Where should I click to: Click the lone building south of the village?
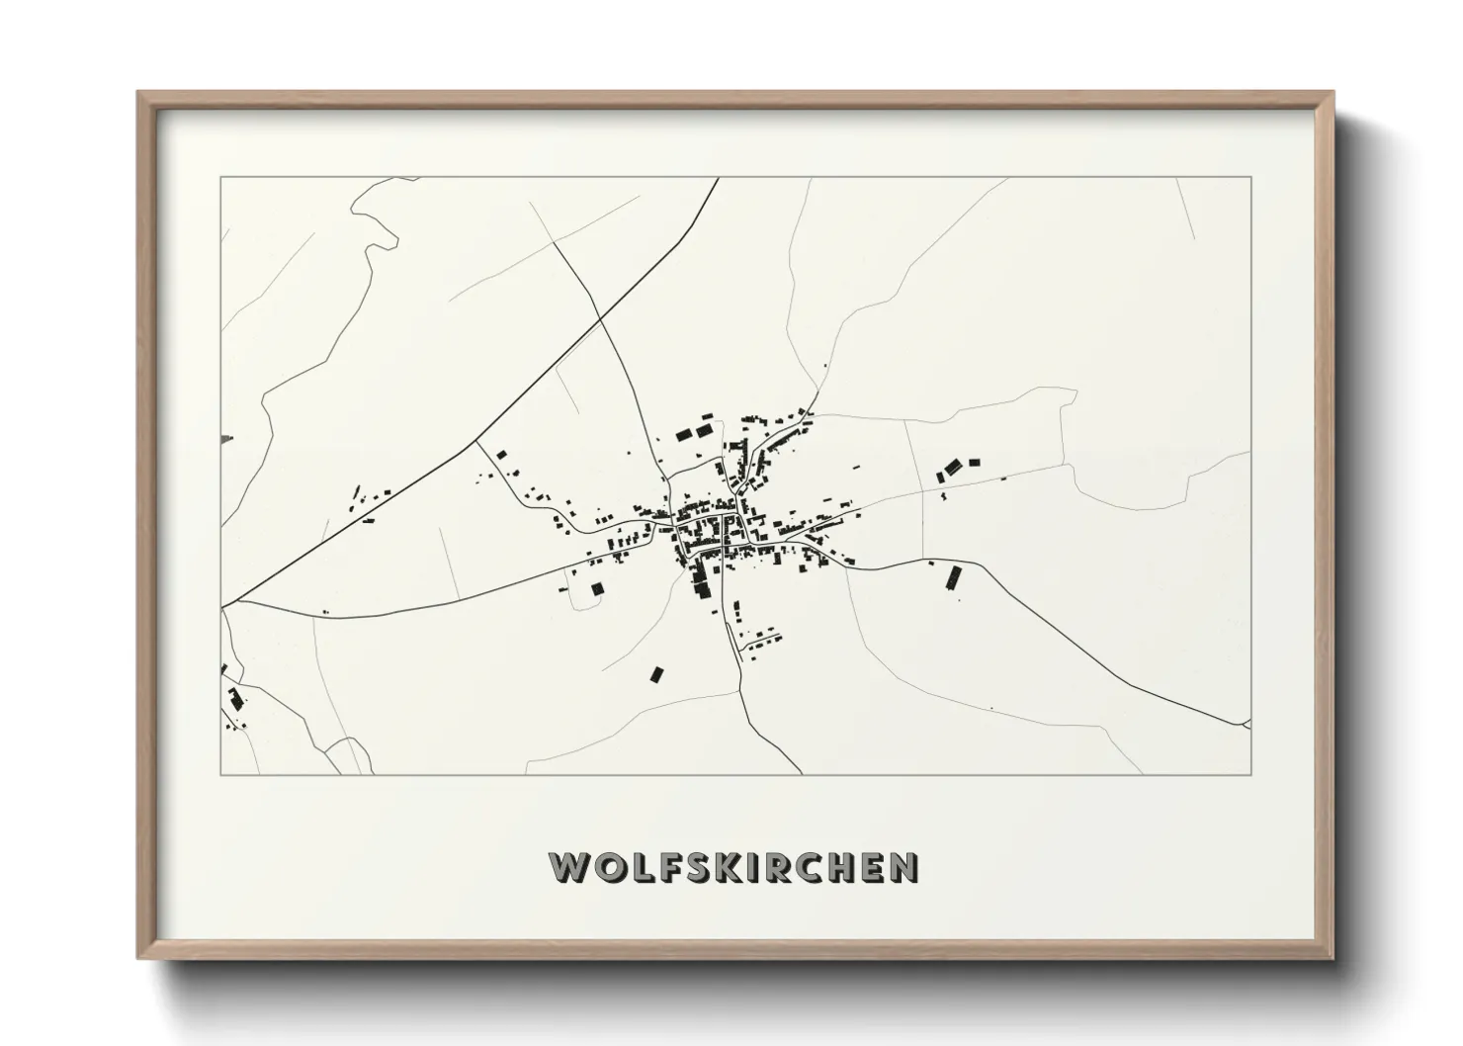[x=656, y=673]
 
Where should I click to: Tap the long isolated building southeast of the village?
[x=954, y=577]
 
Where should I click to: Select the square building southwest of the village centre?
[x=597, y=589]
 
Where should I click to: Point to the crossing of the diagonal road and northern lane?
[x=600, y=317]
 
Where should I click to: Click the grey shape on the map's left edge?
[x=227, y=437]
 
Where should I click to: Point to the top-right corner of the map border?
[x=1250, y=178]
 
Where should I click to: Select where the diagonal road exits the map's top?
[x=718, y=179]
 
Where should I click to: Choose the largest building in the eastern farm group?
[x=953, y=467]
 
